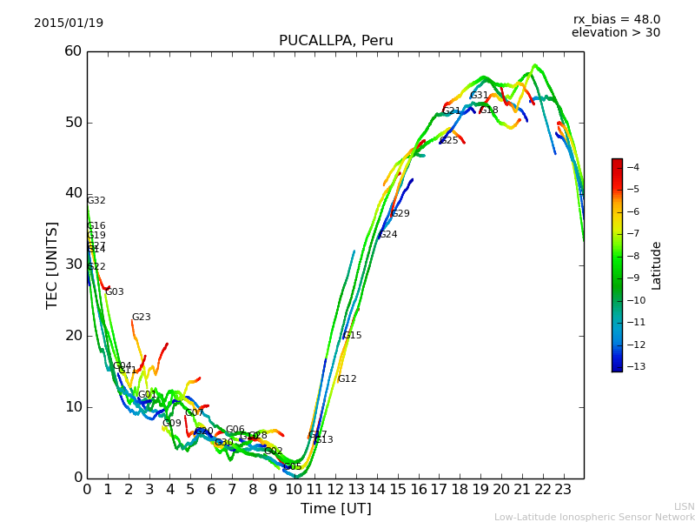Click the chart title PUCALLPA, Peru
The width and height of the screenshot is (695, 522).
335,41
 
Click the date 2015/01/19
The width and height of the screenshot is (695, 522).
69,23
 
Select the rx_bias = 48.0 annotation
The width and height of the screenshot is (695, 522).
616,19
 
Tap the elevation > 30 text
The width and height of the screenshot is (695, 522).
615,33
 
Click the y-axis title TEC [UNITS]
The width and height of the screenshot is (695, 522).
52,264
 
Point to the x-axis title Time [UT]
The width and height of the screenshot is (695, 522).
335,509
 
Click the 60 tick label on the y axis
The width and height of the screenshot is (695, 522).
72,51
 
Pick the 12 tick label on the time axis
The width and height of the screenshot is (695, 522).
335,489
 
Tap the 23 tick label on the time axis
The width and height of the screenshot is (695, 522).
563,489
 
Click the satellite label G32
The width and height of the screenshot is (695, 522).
96,201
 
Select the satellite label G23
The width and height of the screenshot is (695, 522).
141,318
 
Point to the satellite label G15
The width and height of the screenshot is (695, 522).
352,336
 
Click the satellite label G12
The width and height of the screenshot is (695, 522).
347,379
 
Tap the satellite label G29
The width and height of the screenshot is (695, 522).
400,214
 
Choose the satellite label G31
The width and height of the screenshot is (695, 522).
480,96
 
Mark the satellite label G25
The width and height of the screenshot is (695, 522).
448,141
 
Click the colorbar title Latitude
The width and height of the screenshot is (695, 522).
657,265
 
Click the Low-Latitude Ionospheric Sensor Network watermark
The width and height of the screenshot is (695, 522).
594,518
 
